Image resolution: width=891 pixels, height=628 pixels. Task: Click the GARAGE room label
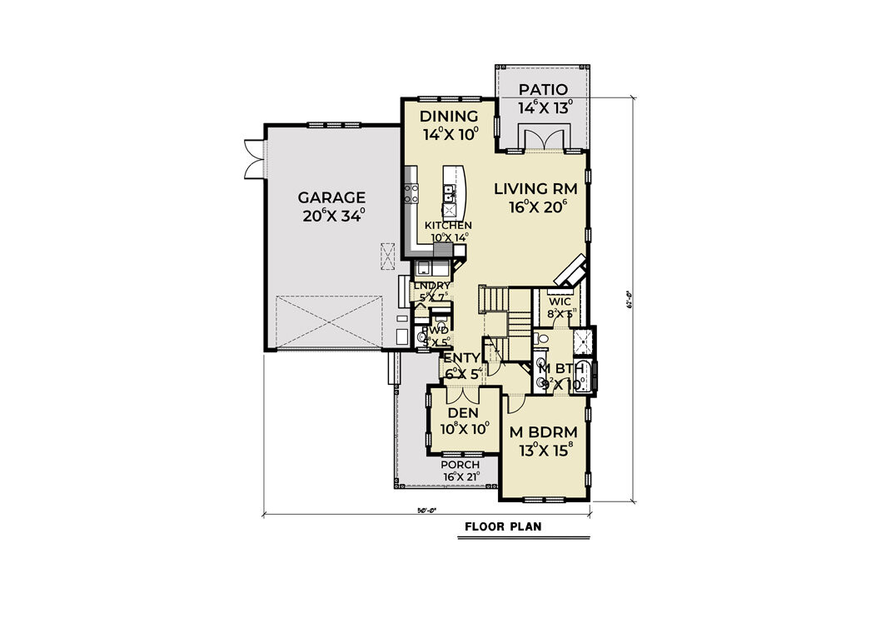pyautogui.click(x=332, y=197)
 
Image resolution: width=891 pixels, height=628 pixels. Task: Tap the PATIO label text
pyautogui.click(x=543, y=90)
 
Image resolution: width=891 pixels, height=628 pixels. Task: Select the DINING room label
pyautogui.click(x=449, y=116)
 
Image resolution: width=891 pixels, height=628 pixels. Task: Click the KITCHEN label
pyautogui.click(x=448, y=226)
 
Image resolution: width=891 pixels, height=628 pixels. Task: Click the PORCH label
pyautogui.click(x=460, y=465)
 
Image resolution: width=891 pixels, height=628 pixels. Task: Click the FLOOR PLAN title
pyautogui.click(x=503, y=526)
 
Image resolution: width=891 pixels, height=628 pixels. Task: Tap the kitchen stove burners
pyautogui.click(x=411, y=194)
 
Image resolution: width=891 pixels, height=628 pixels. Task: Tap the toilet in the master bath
pyautogui.click(x=541, y=339)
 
